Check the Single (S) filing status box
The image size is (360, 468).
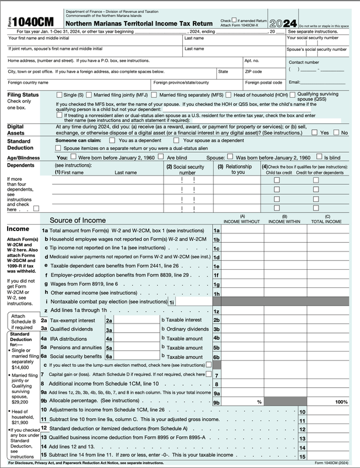[60, 95]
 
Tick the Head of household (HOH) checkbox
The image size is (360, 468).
[229, 95]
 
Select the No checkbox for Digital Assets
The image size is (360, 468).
[337, 133]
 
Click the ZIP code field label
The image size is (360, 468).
[252, 71]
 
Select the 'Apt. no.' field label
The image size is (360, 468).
[252, 60]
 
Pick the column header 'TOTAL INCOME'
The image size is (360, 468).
[327, 222]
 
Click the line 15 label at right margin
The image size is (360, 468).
[302, 456]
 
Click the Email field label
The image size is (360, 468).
[295, 82]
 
